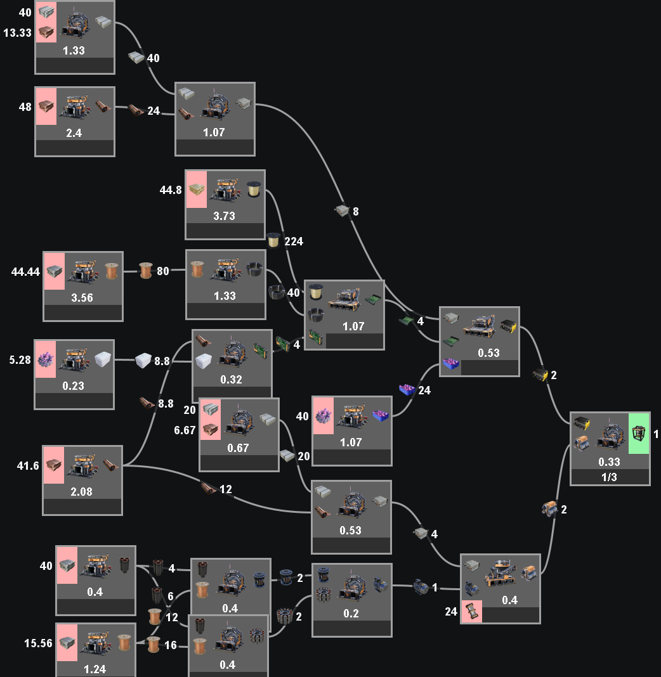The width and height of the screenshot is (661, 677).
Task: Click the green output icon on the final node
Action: click(x=639, y=434)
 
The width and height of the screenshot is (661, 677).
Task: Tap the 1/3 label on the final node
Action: click(x=610, y=477)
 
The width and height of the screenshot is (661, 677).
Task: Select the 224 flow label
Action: click(x=294, y=241)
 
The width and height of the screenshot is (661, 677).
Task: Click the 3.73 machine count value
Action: click(x=225, y=216)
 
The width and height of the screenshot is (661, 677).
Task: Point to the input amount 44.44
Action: click(x=25, y=272)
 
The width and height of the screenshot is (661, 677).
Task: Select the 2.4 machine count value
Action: click(x=75, y=132)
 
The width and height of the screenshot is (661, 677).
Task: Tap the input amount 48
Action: click(x=25, y=107)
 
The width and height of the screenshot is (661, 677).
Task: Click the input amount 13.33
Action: click(x=17, y=32)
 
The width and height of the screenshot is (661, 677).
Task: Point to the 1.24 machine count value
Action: click(x=95, y=669)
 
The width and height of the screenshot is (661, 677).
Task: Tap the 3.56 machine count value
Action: click(x=82, y=297)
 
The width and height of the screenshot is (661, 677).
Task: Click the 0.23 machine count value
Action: click(x=74, y=385)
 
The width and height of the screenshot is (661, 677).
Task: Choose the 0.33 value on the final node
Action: click(x=610, y=461)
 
